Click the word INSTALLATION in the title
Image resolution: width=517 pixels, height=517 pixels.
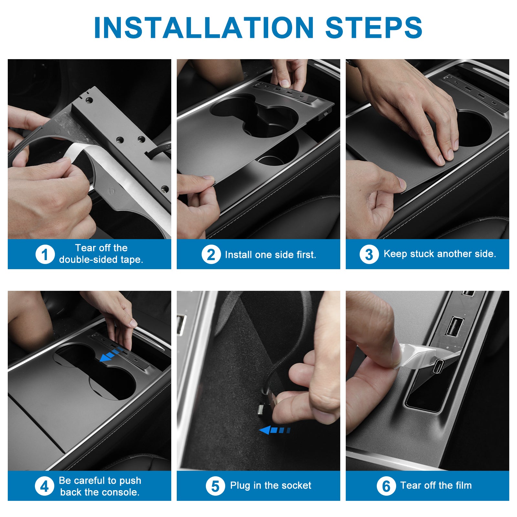204,27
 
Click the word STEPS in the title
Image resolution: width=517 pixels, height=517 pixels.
374,27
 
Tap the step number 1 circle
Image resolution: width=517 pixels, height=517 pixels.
45,254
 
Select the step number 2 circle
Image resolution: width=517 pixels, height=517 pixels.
211,254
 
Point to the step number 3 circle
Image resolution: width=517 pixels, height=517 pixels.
369,254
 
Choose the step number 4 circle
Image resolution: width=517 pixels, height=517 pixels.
45,486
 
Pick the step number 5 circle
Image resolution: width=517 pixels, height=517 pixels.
215,486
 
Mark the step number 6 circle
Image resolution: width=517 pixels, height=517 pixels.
386,486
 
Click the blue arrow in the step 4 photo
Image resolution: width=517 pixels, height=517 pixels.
111,354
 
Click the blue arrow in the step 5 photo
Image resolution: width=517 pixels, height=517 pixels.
275,430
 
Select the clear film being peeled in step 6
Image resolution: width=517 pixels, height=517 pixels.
427,355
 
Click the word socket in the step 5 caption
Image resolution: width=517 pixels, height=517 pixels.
297,485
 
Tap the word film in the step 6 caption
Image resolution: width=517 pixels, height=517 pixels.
463,485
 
